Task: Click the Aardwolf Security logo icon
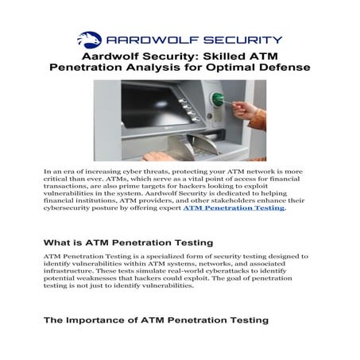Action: pyautogui.click(x=89, y=38)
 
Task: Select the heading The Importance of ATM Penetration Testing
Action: pyautogui.click(x=156, y=320)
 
